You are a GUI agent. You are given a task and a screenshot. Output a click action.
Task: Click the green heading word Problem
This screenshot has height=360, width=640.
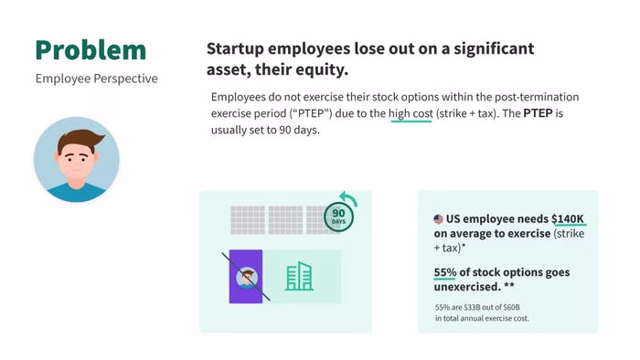click(91, 50)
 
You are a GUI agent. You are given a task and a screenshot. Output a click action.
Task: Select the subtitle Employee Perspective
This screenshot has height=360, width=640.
click(96, 79)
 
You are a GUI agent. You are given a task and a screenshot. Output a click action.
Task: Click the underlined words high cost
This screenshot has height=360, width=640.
click(411, 113)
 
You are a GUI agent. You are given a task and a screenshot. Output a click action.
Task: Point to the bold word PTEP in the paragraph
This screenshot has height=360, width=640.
click(538, 113)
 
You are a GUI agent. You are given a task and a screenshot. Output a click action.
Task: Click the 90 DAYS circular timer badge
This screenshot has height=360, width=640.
click(338, 217)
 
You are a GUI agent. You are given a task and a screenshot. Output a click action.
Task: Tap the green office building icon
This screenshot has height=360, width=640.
click(299, 276)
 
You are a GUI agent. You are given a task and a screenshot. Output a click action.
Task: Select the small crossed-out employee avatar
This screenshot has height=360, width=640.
click(247, 278)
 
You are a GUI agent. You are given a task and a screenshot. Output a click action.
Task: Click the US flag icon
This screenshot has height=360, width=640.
click(438, 219)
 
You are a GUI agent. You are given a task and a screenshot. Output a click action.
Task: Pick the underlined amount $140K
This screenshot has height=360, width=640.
click(568, 219)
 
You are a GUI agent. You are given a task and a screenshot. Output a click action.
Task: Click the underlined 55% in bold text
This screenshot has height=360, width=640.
click(445, 272)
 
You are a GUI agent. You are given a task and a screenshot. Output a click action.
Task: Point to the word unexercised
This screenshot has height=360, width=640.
click(467, 287)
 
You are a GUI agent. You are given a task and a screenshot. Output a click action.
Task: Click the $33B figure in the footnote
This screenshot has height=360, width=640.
click(473, 307)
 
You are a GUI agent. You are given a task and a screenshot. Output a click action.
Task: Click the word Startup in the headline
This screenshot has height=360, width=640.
click(236, 49)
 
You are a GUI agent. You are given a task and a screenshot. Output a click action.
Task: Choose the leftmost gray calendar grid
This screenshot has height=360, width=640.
click(248, 220)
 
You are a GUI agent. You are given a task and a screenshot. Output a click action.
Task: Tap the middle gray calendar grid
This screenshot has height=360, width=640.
click(285, 220)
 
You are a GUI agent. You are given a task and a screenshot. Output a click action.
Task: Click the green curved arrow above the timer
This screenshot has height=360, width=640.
click(349, 198)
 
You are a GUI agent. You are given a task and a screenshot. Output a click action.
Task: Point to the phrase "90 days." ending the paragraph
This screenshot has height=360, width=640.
click(299, 130)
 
